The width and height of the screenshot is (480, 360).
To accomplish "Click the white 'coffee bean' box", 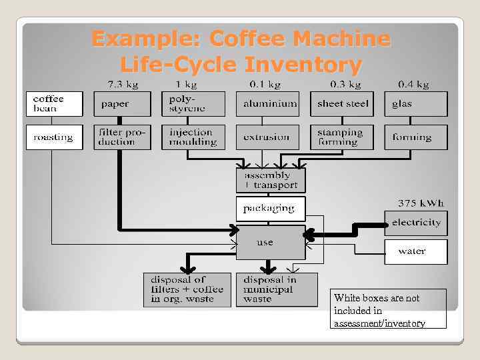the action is point(55,104).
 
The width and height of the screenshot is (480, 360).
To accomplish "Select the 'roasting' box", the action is point(55,137).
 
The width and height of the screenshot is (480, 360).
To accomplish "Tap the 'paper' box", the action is point(123,104).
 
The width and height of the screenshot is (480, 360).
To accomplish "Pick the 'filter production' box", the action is point(123,137).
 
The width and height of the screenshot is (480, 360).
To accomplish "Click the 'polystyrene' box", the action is point(193,104).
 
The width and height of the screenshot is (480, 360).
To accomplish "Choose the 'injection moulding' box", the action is point(193,137).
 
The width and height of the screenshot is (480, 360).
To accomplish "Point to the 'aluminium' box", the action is point(267,104).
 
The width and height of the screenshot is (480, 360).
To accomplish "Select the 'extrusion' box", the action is point(267,137).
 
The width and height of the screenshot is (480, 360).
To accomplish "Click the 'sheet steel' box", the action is point(342,104).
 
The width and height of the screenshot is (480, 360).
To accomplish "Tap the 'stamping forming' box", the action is point(342,137).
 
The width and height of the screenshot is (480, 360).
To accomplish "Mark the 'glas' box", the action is point(416,104).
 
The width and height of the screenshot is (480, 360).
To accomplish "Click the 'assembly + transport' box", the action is point(271,180).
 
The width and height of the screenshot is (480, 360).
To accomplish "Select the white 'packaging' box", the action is point(271,209).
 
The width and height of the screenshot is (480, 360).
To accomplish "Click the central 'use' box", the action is point(271,243).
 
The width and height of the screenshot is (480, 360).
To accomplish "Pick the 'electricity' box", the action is point(416,223).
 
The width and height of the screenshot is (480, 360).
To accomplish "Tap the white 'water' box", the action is point(416,251).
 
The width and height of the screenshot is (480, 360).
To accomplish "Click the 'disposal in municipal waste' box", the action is point(277,289).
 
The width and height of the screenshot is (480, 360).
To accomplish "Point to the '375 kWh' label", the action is point(421,203).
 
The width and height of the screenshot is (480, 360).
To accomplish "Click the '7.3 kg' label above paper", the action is point(123,84).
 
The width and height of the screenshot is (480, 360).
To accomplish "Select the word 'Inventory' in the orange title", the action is point(303,65).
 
